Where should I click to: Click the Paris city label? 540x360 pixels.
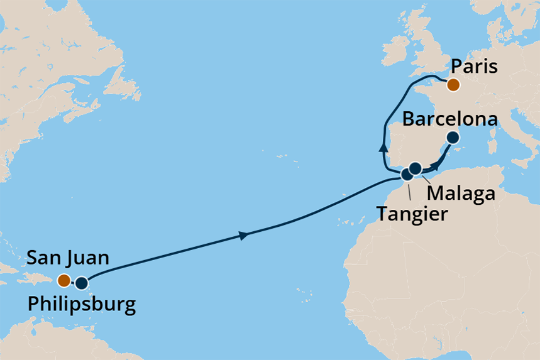click(x=475, y=67)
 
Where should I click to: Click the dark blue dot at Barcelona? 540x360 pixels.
click(x=452, y=138)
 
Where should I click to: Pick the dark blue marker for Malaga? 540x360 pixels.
click(x=415, y=168)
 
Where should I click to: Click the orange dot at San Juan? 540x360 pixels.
click(x=63, y=280)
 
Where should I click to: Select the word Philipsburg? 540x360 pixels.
click(x=82, y=305)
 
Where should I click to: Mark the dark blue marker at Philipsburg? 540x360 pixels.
click(x=81, y=283)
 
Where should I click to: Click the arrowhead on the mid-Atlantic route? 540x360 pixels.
click(x=243, y=236)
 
